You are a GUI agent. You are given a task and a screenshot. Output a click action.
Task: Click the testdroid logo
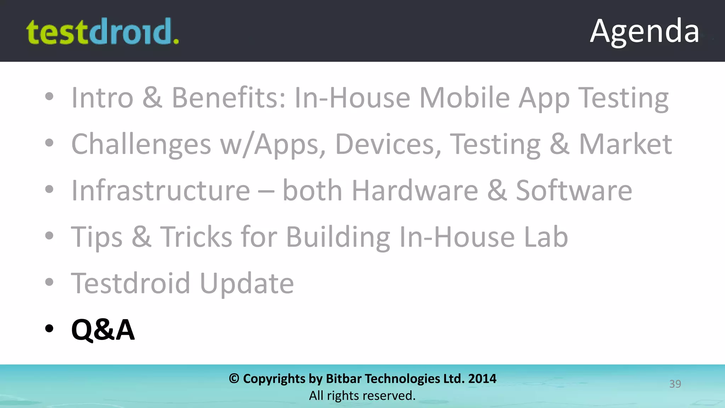point(103,32)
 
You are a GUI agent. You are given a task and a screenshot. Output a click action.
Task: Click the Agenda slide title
point(644,31)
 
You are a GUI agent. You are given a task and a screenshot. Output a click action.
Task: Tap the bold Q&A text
point(103,329)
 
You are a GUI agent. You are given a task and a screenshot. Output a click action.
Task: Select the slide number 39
point(675,384)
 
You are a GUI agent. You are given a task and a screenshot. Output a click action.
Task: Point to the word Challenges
point(141,144)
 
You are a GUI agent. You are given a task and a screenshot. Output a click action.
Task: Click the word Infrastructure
point(161,191)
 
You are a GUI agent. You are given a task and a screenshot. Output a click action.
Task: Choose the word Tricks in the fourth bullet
point(196,237)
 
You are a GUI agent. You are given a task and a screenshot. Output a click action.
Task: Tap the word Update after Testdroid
point(247,283)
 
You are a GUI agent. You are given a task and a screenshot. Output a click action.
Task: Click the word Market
point(625,144)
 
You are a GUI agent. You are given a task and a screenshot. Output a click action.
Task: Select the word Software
point(574,191)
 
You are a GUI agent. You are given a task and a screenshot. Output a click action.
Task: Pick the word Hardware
point(415,191)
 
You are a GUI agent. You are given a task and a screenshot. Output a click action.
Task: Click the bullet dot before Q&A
point(49,329)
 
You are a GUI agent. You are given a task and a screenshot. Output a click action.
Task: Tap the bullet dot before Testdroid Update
point(49,282)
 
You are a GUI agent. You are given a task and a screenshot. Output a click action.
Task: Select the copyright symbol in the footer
point(234,379)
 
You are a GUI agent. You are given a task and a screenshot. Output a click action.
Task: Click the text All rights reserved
point(362,396)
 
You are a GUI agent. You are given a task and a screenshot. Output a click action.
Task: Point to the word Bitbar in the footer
point(343,379)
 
